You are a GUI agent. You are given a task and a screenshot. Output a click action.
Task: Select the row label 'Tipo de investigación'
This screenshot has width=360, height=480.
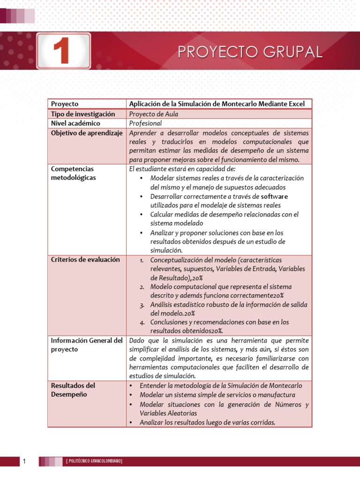pos(82,114)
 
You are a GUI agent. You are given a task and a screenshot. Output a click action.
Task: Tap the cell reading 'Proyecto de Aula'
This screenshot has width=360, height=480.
pos(153,114)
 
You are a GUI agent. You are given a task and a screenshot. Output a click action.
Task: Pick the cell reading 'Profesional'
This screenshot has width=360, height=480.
pos(145,123)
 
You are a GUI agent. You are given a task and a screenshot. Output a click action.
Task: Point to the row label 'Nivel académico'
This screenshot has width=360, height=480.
pos(75,123)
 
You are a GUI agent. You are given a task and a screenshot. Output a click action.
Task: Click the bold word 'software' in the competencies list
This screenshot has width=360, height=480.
pos(274,196)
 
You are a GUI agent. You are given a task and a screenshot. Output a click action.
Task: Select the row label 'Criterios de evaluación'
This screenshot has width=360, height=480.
pos(85,260)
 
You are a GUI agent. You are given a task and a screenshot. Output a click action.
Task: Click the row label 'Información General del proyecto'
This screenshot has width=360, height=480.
pos(86,345)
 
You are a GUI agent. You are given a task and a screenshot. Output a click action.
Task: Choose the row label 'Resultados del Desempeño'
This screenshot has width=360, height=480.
pos(73,390)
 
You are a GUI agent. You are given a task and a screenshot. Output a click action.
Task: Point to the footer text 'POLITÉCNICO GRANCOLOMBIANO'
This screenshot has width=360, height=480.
pos(94,462)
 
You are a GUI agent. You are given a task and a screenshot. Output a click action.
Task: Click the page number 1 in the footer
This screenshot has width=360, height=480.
pos(24,462)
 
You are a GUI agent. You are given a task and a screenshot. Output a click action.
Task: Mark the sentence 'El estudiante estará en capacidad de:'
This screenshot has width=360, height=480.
pos(182,169)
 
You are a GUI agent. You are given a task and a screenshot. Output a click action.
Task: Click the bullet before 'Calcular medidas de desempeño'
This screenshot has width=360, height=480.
pos(142,214)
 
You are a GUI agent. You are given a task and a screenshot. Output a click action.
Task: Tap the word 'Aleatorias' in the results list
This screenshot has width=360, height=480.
pos(180,413)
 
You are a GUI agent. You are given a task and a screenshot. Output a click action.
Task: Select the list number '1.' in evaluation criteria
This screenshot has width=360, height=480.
pos(142,260)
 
